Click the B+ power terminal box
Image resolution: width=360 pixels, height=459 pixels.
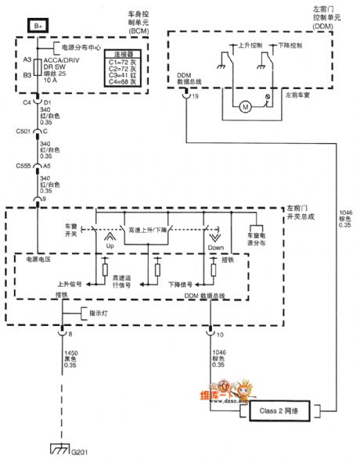click(x=39, y=27)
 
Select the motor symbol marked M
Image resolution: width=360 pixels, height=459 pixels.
click(x=244, y=106)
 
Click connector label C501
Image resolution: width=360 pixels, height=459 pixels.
click(x=23, y=131)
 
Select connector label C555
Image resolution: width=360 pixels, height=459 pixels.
click(x=23, y=166)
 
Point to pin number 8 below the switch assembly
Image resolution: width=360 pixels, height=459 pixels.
click(x=70, y=333)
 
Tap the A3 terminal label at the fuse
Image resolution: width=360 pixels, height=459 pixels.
click(x=27, y=59)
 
